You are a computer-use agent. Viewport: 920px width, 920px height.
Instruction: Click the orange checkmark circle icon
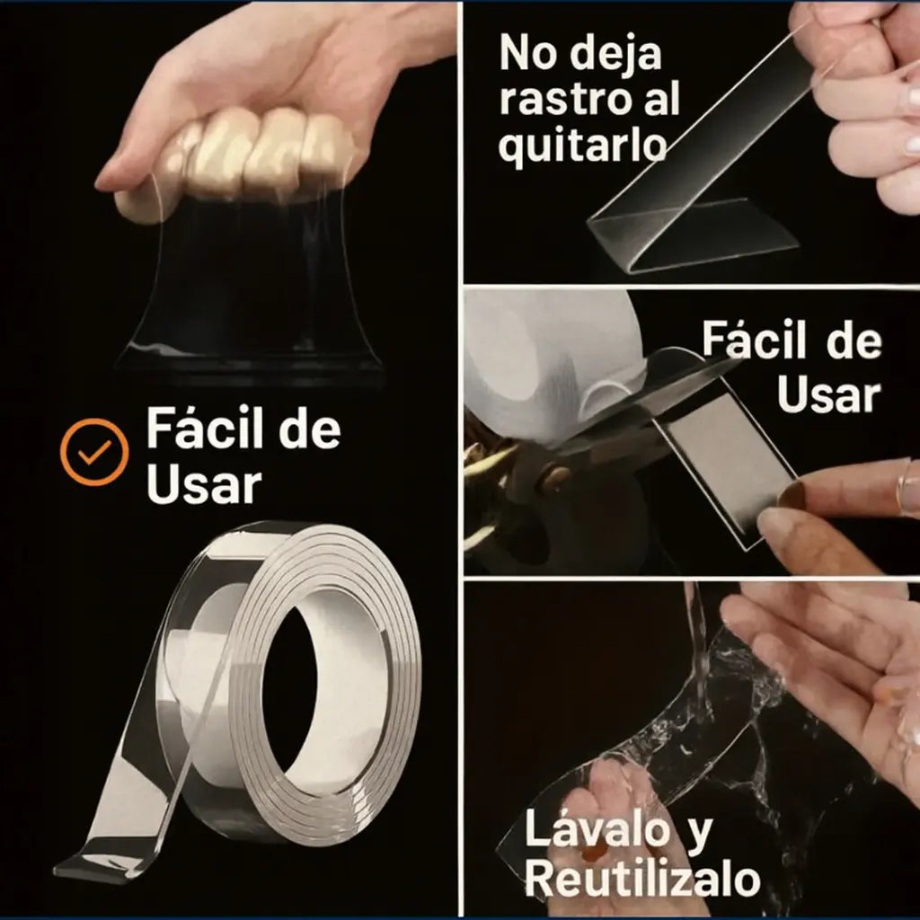point(93,452)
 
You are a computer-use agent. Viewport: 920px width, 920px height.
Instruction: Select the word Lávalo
point(597,829)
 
